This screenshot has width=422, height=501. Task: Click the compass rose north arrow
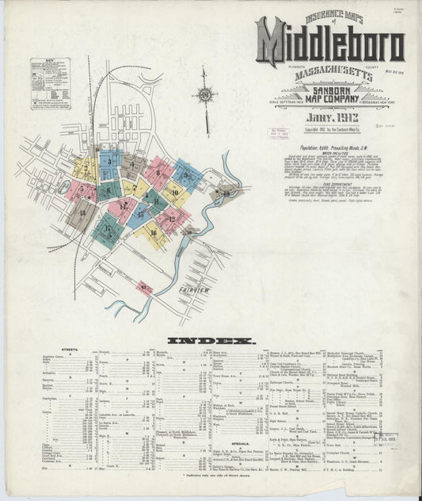(x=204, y=97)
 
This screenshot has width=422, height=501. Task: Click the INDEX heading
(x=211, y=341)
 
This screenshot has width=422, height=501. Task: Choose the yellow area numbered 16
(x=152, y=234)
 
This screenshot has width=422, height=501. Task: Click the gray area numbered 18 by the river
(x=226, y=193)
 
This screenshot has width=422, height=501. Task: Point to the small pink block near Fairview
(x=144, y=287)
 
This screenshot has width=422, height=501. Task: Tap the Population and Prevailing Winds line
(x=330, y=147)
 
